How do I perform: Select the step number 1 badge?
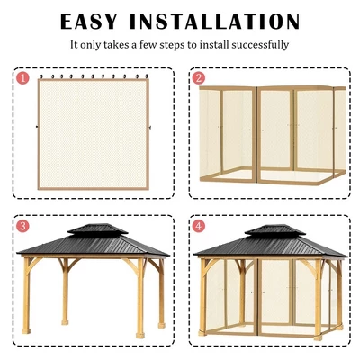(22, 78)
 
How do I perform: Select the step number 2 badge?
(200, 78)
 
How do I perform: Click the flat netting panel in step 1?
(91, 135)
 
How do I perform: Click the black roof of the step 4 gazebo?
(266, 244)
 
